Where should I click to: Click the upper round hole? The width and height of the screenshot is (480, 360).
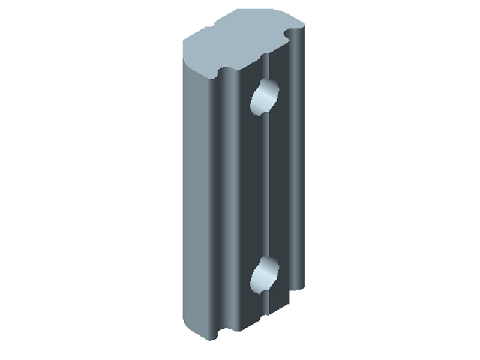tap(265, 96)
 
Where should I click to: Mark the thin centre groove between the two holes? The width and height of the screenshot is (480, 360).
tap(264, 186)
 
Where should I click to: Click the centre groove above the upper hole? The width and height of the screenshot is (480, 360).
tap(264, 66)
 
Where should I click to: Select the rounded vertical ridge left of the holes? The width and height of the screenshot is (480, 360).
tap(231, 198)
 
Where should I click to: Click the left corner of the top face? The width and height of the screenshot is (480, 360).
tap(183, 42)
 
